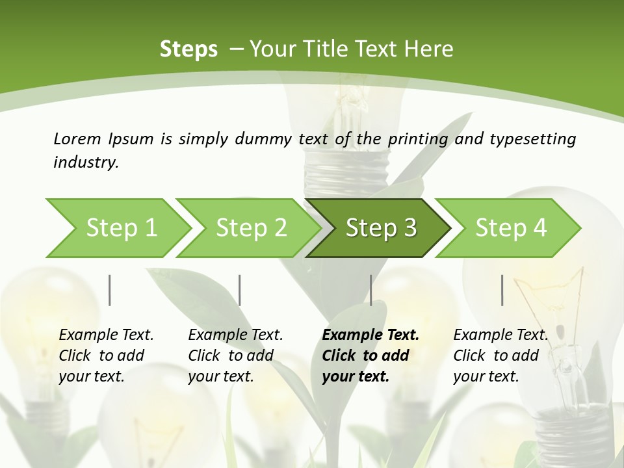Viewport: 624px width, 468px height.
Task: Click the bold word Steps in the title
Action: coord(188,49)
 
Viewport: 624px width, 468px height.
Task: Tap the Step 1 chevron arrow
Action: coord(121,228)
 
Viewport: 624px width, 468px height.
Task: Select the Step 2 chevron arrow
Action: coord(251,228)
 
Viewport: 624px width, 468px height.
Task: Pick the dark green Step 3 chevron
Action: coord(380,228)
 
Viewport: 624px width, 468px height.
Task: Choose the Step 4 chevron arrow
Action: coord(510,228)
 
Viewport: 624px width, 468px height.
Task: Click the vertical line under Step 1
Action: coord(110,290)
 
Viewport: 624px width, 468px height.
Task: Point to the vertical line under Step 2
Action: coord(240,290)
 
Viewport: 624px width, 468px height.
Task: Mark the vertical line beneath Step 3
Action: coord(371,290)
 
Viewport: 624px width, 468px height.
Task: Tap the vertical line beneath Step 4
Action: coord(502,290)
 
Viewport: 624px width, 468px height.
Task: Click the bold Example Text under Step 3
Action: coord(370,335)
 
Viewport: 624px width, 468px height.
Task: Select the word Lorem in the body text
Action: coord(77,138)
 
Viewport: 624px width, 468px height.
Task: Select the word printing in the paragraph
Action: coord(418,139)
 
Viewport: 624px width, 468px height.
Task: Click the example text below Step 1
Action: coord(106,356)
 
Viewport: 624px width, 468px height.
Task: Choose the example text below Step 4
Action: coord(500,356)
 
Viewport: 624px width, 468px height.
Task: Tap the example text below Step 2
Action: coord(235,356)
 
